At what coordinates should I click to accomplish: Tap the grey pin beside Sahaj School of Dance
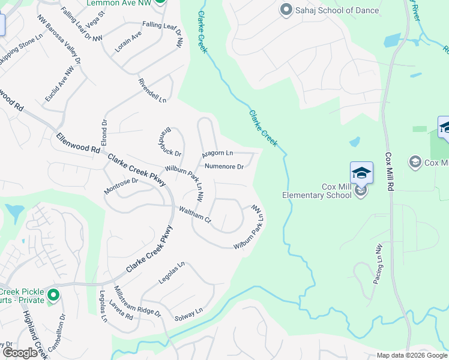click(x=286, y=10)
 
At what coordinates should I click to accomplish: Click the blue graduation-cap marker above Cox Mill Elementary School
click(x=361, y=173)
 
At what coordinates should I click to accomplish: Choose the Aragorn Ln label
click(x=217, y=154)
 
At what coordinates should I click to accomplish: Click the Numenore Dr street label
click(x=224, y=167)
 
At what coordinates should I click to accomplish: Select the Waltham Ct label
click(x=195, y=214)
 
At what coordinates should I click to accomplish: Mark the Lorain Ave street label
click(x=128, y=41)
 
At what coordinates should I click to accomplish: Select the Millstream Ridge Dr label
click(x=137, y=301)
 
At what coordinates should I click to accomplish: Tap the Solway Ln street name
click(x=188, y=314)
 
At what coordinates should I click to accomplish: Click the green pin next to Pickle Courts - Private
click(x=53, y=295)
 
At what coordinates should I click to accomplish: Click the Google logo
click(x=20, y=353)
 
